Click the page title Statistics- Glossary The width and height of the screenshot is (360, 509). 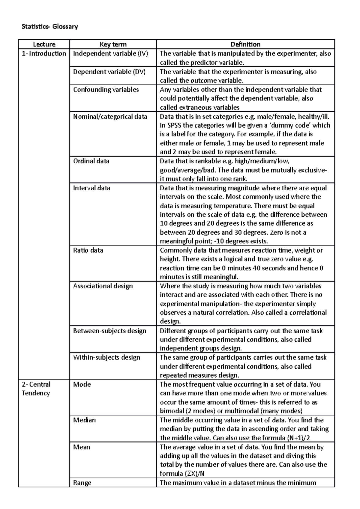50,27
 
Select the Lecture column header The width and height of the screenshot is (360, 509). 44,44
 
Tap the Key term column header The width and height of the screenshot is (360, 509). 113,44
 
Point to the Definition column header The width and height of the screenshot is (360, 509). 245,44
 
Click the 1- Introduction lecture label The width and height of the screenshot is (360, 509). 44,54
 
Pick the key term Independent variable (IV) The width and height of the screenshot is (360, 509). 111,54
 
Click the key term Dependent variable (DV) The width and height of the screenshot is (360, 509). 109,72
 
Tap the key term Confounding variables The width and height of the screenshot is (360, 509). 106,90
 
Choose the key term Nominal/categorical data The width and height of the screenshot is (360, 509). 110,117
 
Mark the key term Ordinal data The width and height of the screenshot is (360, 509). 91,161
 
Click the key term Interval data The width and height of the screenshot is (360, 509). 91,188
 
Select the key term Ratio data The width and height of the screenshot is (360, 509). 88,250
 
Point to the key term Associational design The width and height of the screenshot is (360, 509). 103,286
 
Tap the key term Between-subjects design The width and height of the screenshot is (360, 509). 109,331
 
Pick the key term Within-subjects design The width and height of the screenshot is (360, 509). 106,357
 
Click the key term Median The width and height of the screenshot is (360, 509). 84,420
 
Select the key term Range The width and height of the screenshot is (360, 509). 82,483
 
